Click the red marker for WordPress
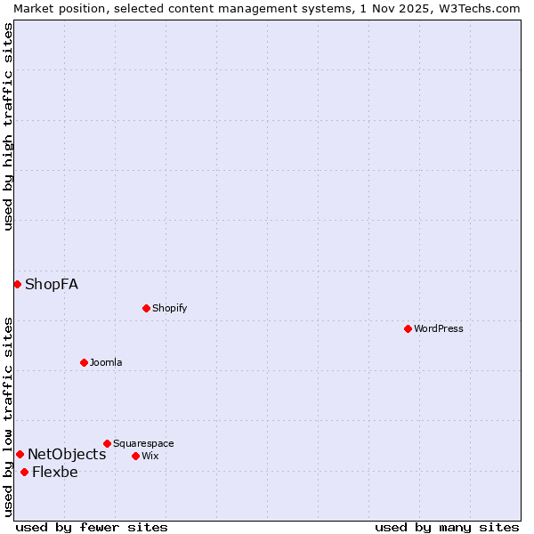[x=408, y=328]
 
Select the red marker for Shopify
[x=146, y=308]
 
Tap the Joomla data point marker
[x=84, y=362]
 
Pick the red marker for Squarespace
[x=107, y=443]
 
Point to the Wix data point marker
[x=135, y=456]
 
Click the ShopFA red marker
[x=17, y=284]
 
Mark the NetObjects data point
[x=20, y=454]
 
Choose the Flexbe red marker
[x=24, y=472]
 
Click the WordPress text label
[x=439, y=328]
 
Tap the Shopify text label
[x=169, y=308]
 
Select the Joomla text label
[x=106, y=362]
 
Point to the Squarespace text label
[x=143, y=443]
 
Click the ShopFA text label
[x=52, y=284]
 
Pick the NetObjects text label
[x=67, y=454]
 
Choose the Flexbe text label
[x=55, y=472]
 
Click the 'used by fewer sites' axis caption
[x=92, y=527]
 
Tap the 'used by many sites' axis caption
[x=447, y=527]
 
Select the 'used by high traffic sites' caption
[x=8, y=126]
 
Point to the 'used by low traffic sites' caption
[x=8, y=417]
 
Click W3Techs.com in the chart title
[x=475, y=8]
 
